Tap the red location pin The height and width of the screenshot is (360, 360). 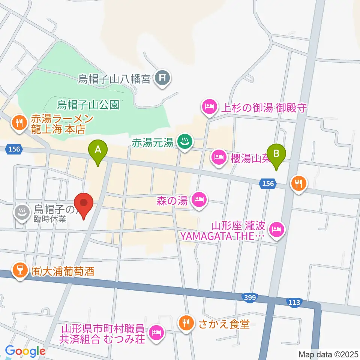[84, 205]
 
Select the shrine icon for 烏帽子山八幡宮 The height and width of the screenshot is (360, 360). [163, 78]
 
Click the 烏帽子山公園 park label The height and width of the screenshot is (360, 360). [88, 104]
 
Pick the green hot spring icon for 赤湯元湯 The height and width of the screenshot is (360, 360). [184, 142]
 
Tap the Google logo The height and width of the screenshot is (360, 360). [25, 351]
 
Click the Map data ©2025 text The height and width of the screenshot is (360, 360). [328, 354]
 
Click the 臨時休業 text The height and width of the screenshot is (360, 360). [50, 219]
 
